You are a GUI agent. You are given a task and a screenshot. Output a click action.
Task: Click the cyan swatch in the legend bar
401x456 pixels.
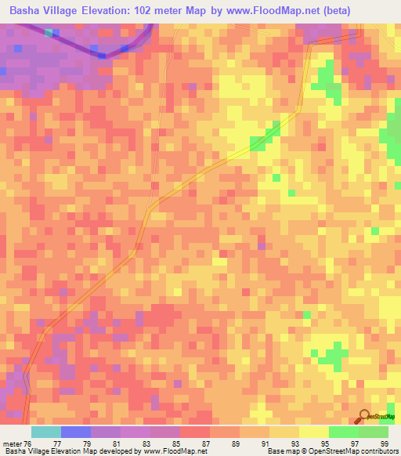(46, 432)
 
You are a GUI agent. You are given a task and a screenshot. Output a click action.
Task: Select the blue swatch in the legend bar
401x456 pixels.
(76, 432)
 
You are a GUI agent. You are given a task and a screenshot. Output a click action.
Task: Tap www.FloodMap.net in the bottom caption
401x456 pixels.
(173, 451)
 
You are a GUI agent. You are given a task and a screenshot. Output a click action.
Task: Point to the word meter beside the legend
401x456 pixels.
(13, 443)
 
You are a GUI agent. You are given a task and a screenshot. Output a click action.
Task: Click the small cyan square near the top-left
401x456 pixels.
(50, 33)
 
